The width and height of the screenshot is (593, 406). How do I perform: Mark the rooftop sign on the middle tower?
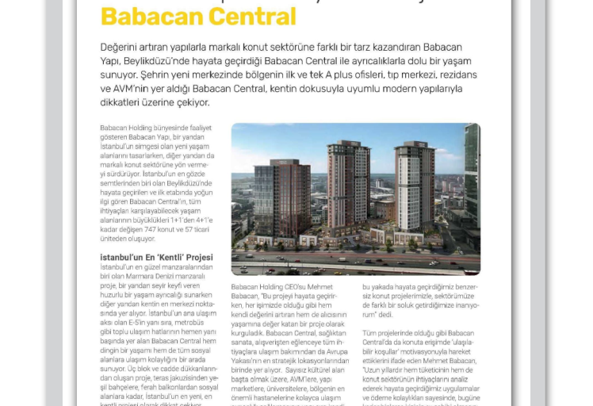coord(349,144)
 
